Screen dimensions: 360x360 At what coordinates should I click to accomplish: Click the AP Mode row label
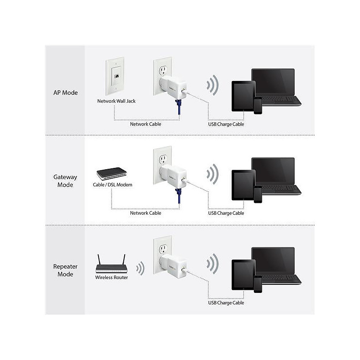(x=65, y=93)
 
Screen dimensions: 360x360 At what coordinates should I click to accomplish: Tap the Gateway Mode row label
(x=65, y=181)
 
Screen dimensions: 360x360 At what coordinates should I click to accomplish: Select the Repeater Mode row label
(x=65, y=270)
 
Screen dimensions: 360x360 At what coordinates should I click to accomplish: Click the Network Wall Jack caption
(x=117, y=101)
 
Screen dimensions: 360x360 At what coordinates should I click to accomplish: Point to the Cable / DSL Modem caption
(x=112, y=184)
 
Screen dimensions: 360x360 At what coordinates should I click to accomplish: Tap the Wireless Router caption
(x=112, y=277)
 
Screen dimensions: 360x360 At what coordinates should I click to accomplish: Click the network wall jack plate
(x=115, y=76)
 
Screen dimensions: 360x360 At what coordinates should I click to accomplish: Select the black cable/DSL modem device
(x=112, y=174)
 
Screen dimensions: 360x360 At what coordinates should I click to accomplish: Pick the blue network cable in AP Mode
(x=179, y=107)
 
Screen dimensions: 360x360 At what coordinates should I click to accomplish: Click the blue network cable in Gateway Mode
(x=179, y=196)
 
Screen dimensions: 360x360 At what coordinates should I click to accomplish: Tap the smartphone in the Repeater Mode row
(x=258, y=284)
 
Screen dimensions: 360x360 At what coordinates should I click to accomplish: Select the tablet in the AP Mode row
(x=243, y=96)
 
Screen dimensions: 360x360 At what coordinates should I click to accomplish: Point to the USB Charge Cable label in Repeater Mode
(x=226, y=303)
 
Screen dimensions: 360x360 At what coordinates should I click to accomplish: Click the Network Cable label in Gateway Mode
(x=145, y=213)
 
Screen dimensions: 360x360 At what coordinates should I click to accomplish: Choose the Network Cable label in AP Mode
(x=145, y=124)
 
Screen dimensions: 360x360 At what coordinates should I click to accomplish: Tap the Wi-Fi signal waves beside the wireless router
(x=140, y=268)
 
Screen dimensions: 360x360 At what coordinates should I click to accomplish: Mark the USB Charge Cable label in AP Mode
(x=226, y=124)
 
